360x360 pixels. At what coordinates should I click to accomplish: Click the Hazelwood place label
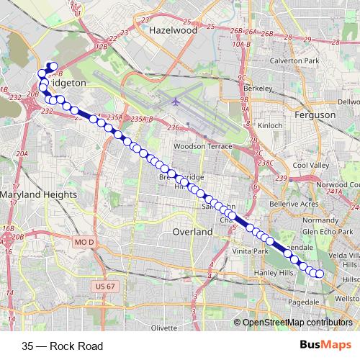pyautogui.click(x=172, y=32)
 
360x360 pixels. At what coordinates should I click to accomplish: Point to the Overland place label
pyautogui.click(x=192, y=232)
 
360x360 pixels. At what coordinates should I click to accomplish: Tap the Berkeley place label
pyautogui.click(x=258, y=89)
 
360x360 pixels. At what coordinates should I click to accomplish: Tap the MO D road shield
pyautogui.click(x=84, y=243)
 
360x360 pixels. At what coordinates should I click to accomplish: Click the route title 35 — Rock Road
pyautogui.click(x=63, y=346)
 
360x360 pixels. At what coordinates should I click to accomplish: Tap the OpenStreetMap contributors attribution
pyautogui.click(x=297, y=323)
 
